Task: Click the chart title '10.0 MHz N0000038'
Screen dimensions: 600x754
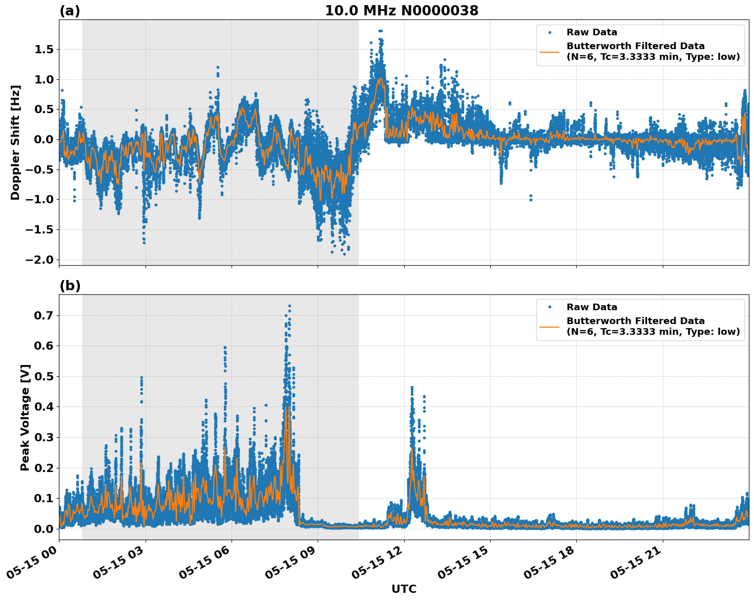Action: point(402,11)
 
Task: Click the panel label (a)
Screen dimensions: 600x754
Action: point(70,11)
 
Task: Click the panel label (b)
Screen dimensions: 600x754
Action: point(70,286)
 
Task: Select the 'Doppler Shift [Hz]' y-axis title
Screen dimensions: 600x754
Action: point(15,142)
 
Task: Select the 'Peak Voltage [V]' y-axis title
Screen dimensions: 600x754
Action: point(25,417)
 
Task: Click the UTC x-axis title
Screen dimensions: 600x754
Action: point(404,589)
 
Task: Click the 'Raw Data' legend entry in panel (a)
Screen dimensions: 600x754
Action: point(592,32)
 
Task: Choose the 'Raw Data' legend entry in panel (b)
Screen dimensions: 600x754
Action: point(592,307)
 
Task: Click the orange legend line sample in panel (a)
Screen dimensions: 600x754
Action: point(550,51)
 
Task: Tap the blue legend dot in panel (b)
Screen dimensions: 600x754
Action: point(550,307)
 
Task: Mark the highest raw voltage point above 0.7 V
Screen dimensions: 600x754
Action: point(289,306)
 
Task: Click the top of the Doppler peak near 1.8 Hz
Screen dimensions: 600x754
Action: point(380,31)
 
